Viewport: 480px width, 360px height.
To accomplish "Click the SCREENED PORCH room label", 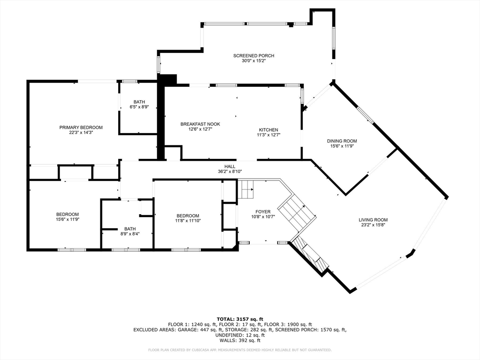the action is [254, 56].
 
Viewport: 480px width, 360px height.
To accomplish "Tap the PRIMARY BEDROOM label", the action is [81, 127].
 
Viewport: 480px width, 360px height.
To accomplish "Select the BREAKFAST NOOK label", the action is [200, 124].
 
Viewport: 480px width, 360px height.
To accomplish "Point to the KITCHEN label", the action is [269, 130].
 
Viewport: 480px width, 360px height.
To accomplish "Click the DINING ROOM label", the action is [342, 141].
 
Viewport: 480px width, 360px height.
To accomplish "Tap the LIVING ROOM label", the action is [373, 220].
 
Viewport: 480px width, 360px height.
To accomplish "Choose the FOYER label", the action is [263, 211].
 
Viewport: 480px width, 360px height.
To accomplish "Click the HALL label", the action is [230, 166].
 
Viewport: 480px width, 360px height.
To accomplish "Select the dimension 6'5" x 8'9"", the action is [139, 107].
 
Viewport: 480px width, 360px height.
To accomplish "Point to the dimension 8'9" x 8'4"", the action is [130, 234].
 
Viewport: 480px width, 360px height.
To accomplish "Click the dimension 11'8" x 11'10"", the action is [188, 221].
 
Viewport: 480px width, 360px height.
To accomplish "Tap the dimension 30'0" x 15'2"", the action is [254, 61].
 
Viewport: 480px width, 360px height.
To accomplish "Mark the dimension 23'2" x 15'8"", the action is [373, 225].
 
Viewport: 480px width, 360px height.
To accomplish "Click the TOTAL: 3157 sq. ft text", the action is [240, 319].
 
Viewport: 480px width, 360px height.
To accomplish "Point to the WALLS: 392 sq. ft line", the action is [240, 340].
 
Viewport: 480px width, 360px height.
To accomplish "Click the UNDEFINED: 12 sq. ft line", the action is [240, 335].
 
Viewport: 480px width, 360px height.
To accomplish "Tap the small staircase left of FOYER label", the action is [247, 189].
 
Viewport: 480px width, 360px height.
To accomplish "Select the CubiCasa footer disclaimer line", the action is [240, 350].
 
